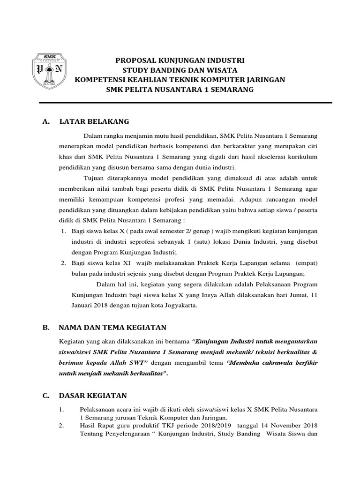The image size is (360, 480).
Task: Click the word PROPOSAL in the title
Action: [x=136, y=60]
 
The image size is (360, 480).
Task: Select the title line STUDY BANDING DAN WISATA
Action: [x=180, y=70]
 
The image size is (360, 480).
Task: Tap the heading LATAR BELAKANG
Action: [x=94, y=121]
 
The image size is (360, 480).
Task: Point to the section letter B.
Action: [x=45, y=328]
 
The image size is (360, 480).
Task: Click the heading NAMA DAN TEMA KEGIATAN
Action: [x=113, y=328]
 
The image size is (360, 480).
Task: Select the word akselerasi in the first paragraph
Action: [x=259, y=156]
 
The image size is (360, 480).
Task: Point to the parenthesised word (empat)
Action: [x=306, y=263]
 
